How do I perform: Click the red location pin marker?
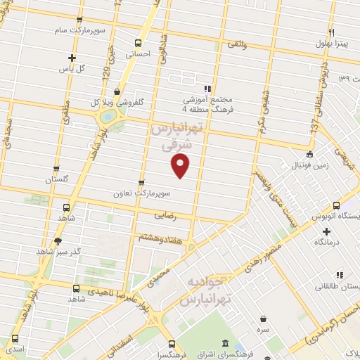pyautogui.click(x=181, y=166)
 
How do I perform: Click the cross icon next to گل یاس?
pyautogui.click(x=71, y=58)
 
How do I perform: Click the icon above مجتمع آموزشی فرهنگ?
pyautogui.click(x=207, y=89)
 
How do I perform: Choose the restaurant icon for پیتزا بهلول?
pyautogui.click(x=332, y=32)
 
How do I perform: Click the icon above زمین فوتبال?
pyautogui.click(x=309, y=155)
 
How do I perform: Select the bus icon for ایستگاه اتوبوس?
pyautogui.click(x=336, y=206)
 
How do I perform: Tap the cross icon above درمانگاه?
pyautogui.click(x=326, y=231)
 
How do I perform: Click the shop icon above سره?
pyautogui.click(x=263, y=318)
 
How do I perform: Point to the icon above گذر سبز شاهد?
pyautogui.click(x=58, y=240)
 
